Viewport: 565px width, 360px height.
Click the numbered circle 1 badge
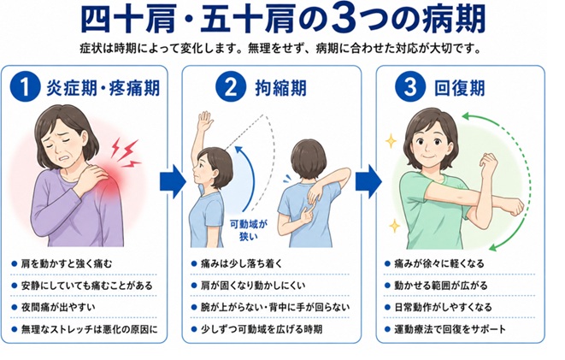pyautogui.click(x=25, y=87)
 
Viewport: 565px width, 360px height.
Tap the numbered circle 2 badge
pyautogui.click(x=231, y=87)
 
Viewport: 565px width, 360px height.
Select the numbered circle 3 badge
pyautogui.click(x=410, y=87)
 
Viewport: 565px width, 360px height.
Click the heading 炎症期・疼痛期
pyautogui.click(x=103, y=88)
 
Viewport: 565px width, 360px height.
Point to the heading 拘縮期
pyautogui.click(x=280, y=88)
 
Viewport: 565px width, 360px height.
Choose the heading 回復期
pyautogui.click(x=460, y=88)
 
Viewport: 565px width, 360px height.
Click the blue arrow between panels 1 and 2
pyautogui.click(x=173, y=181)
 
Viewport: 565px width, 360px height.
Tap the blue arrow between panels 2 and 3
pyautogui.click(x=368, y=181)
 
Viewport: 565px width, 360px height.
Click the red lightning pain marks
pyautogui.click(x=125, y=153)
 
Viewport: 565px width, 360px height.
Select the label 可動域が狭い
pyautogui.click(x=249, y=230)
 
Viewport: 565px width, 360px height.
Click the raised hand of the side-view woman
pyautogui.click(x=205, y=122)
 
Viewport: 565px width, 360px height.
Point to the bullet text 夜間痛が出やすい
pyautogui.click(x=58, y=307)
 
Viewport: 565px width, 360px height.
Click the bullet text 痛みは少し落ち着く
pyautogui.click(x=241, y=263)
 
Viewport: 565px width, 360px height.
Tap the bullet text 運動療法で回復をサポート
pyautogui.click(x=450, y=329)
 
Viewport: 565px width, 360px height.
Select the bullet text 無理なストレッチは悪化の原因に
pyautogui.click(x=90, y=329)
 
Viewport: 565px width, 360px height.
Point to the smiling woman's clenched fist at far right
pyautogui.click(x=514, y=206)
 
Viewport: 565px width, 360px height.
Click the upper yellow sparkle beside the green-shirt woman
pyautogui.click(x=391, y=141)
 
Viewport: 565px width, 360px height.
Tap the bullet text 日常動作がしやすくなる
pyautogui.click(x=443, y=307)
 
